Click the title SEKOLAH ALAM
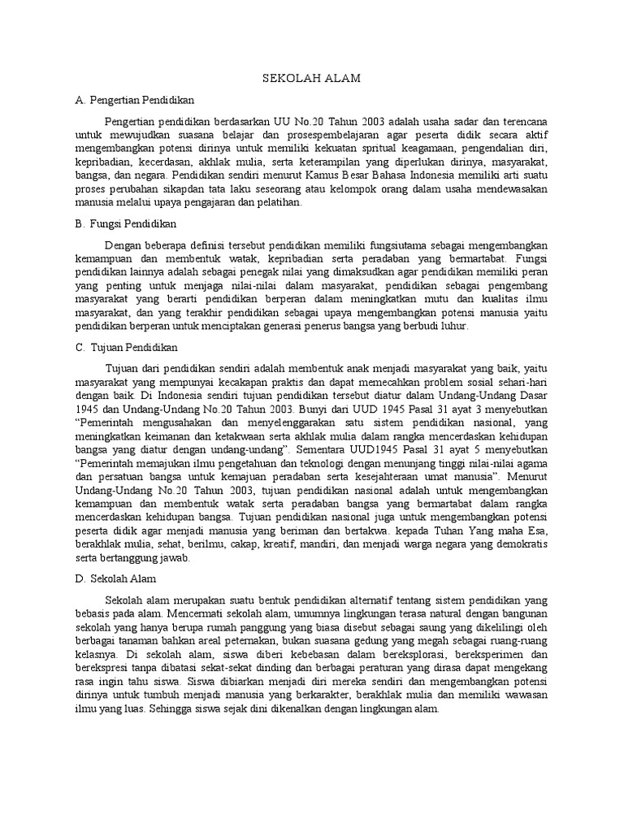[x=311, y=78]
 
